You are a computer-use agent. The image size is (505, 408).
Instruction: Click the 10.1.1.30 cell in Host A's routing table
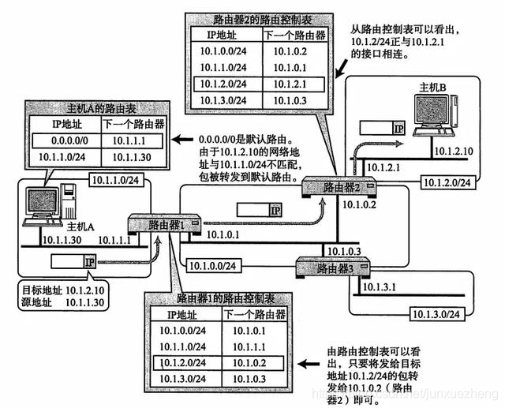(132, 157)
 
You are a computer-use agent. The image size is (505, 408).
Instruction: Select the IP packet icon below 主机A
(74, 260)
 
